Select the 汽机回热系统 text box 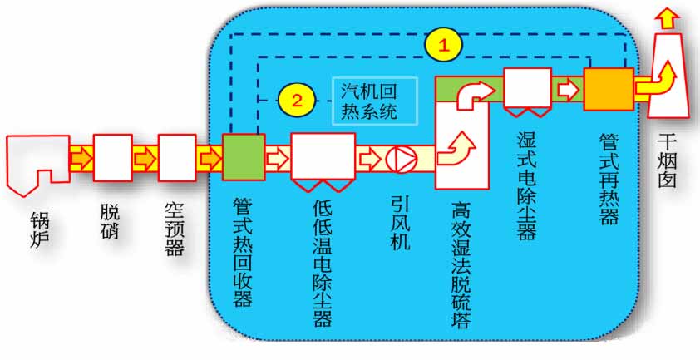(374, 100)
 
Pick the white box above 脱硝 (112, 158)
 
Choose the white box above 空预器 (176, 158)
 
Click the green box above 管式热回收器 (244, 158)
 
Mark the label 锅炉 (38, 226)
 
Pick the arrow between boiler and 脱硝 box (81, 158)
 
